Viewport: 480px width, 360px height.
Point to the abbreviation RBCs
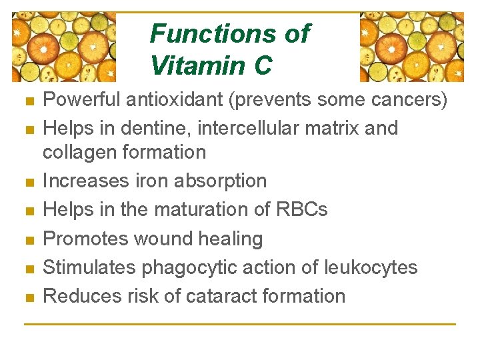point(301,209)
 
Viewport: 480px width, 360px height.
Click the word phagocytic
point(191,268)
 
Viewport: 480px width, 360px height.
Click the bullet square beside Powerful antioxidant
point(27,102)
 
